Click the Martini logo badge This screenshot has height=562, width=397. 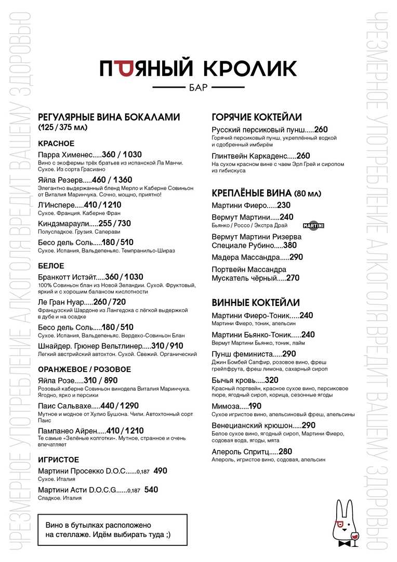click(x=313, y=226)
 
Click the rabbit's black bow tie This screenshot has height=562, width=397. click(x=343, y=543)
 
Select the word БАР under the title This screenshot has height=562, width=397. click(x=198, y=87)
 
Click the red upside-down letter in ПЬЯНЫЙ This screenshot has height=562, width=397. click(x=124, y=68)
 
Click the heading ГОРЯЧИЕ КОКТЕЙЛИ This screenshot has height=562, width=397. click(x=257, y=117)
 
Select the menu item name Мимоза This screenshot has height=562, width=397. click(x=226, y=406)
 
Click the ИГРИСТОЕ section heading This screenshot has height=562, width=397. click(x=59, y=459)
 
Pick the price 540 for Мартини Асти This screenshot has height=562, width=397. click(x=151, y=490)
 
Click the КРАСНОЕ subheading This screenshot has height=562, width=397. click(x=56, y=143)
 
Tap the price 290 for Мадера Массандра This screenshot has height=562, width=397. click(x=296, y=257)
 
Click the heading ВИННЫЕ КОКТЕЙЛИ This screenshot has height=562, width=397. click(x=256, y=303)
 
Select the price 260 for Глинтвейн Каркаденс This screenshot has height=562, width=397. click(x=303, y=156)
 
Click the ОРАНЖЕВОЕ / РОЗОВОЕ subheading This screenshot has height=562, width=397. click(x=85, y=369)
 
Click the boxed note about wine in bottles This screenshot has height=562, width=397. click(x=112, y=530)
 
